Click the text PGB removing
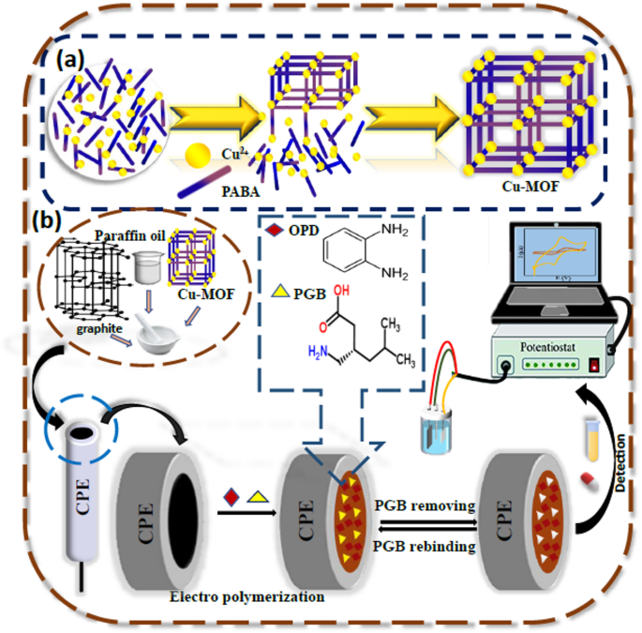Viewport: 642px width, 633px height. (x=427, y=506)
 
